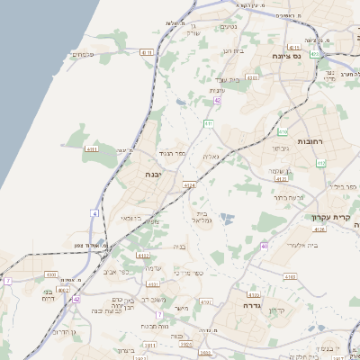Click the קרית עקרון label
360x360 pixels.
tap(332, 217)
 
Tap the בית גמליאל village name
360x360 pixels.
tap(202, 217)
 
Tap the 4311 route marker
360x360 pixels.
tap(92, 148)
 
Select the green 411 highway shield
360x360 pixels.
tap(209, 123)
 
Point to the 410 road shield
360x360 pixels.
tap(283, 131)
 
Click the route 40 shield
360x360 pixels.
tap(265, 245)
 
